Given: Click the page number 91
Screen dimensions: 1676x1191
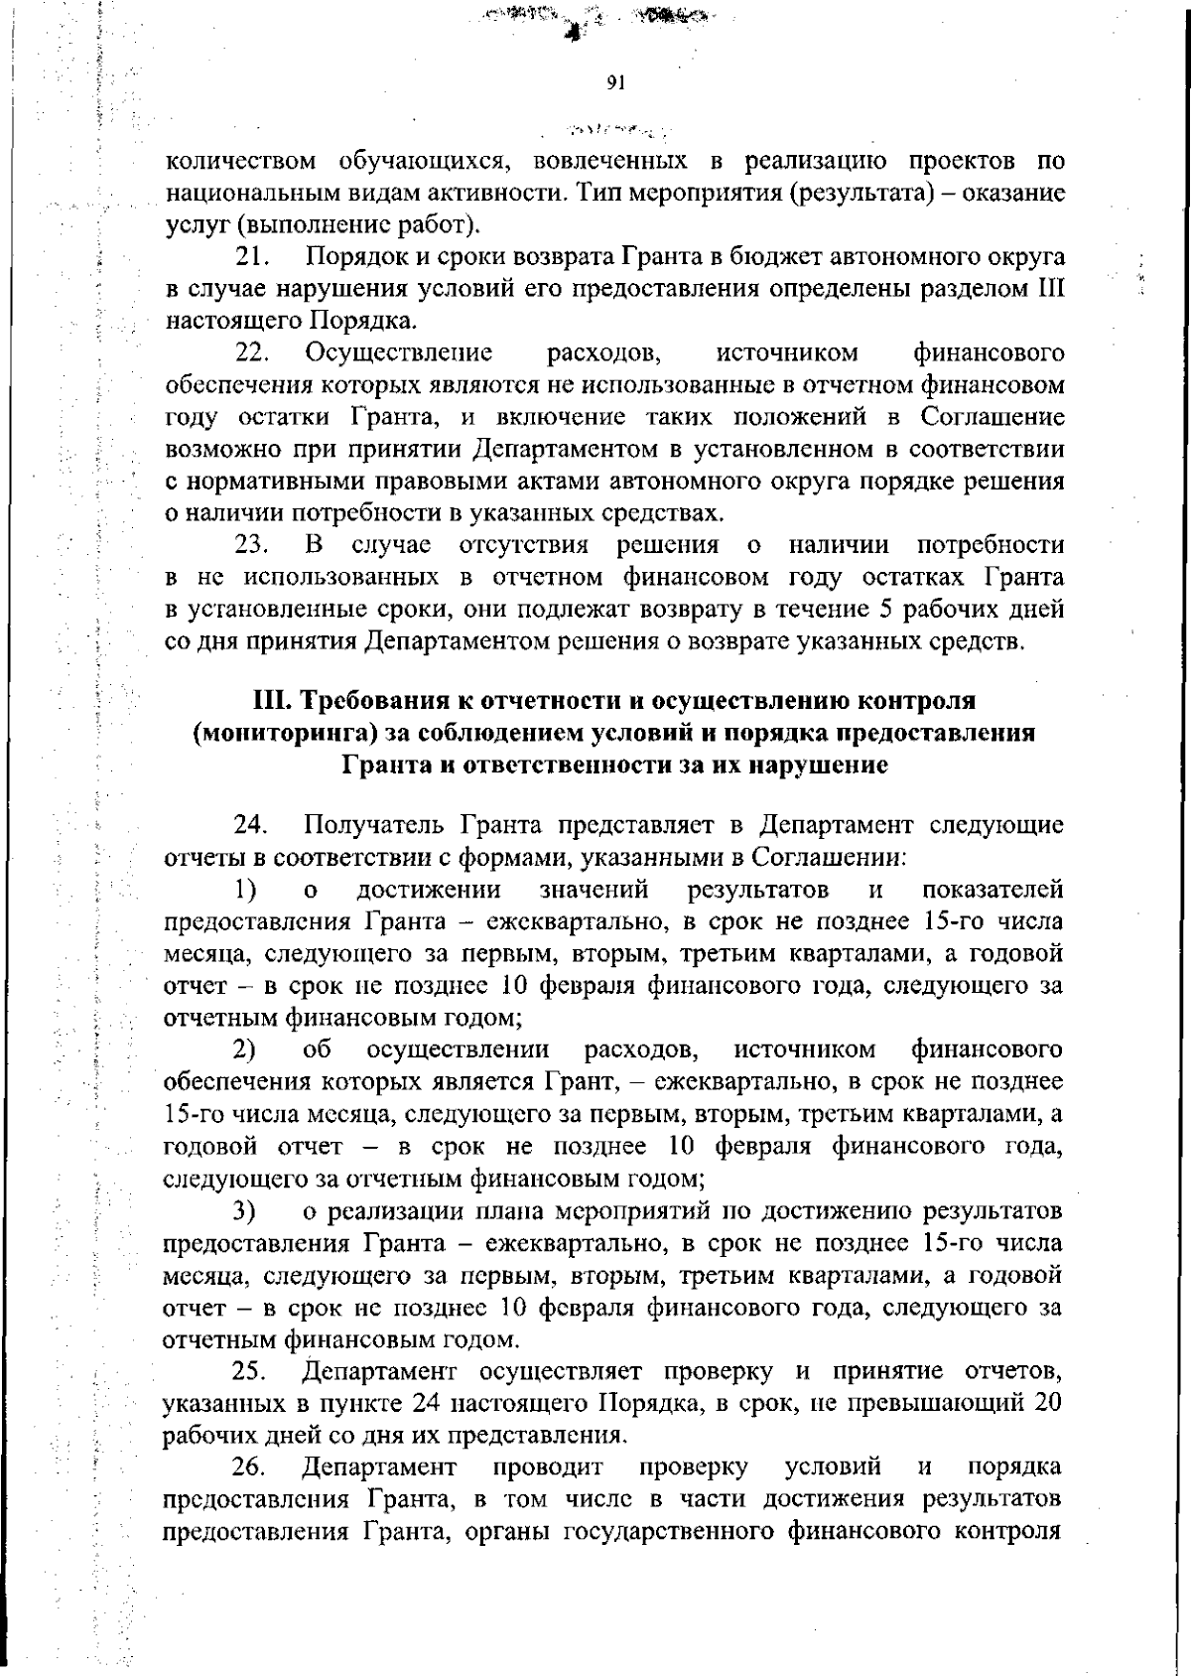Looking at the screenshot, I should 614,83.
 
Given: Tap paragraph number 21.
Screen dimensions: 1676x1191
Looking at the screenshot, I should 252,257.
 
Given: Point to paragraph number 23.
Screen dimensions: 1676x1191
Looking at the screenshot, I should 252,545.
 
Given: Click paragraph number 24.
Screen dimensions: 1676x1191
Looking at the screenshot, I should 252,825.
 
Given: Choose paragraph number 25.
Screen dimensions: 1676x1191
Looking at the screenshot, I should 251,1372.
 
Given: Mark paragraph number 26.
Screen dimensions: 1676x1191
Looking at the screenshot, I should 251,1467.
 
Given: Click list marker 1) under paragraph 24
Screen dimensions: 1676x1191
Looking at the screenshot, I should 245,889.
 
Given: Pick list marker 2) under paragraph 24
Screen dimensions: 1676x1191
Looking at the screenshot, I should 245,1049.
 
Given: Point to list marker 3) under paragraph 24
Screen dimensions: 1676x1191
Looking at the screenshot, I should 245,1211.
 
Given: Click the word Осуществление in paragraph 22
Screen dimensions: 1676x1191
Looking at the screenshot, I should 400,352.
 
